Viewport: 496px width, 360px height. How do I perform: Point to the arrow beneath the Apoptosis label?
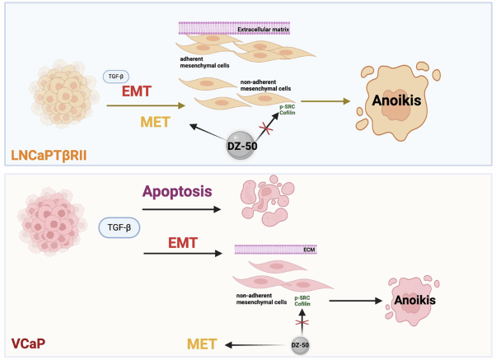click(182, 209)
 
